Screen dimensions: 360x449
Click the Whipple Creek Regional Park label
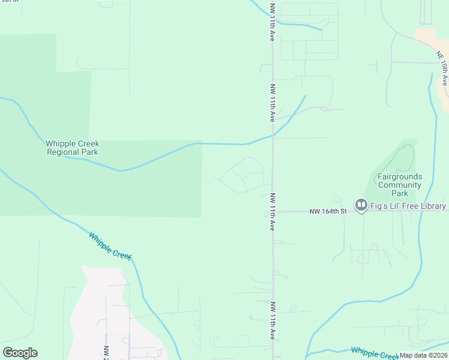point(72,148)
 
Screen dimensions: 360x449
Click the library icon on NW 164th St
point(361,206)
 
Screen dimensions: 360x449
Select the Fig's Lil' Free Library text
point(408,206)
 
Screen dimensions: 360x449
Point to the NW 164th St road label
point(328,211)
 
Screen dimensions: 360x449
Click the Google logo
point(20,353)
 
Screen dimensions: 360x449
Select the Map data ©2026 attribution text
point(423,355)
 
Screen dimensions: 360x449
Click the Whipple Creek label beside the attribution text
point(373,353)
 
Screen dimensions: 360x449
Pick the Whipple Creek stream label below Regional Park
point(110,246)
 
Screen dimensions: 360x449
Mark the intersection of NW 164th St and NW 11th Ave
point(273,211)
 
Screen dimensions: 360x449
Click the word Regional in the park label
point(62,152)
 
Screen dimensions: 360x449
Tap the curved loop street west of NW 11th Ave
point(243,175)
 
